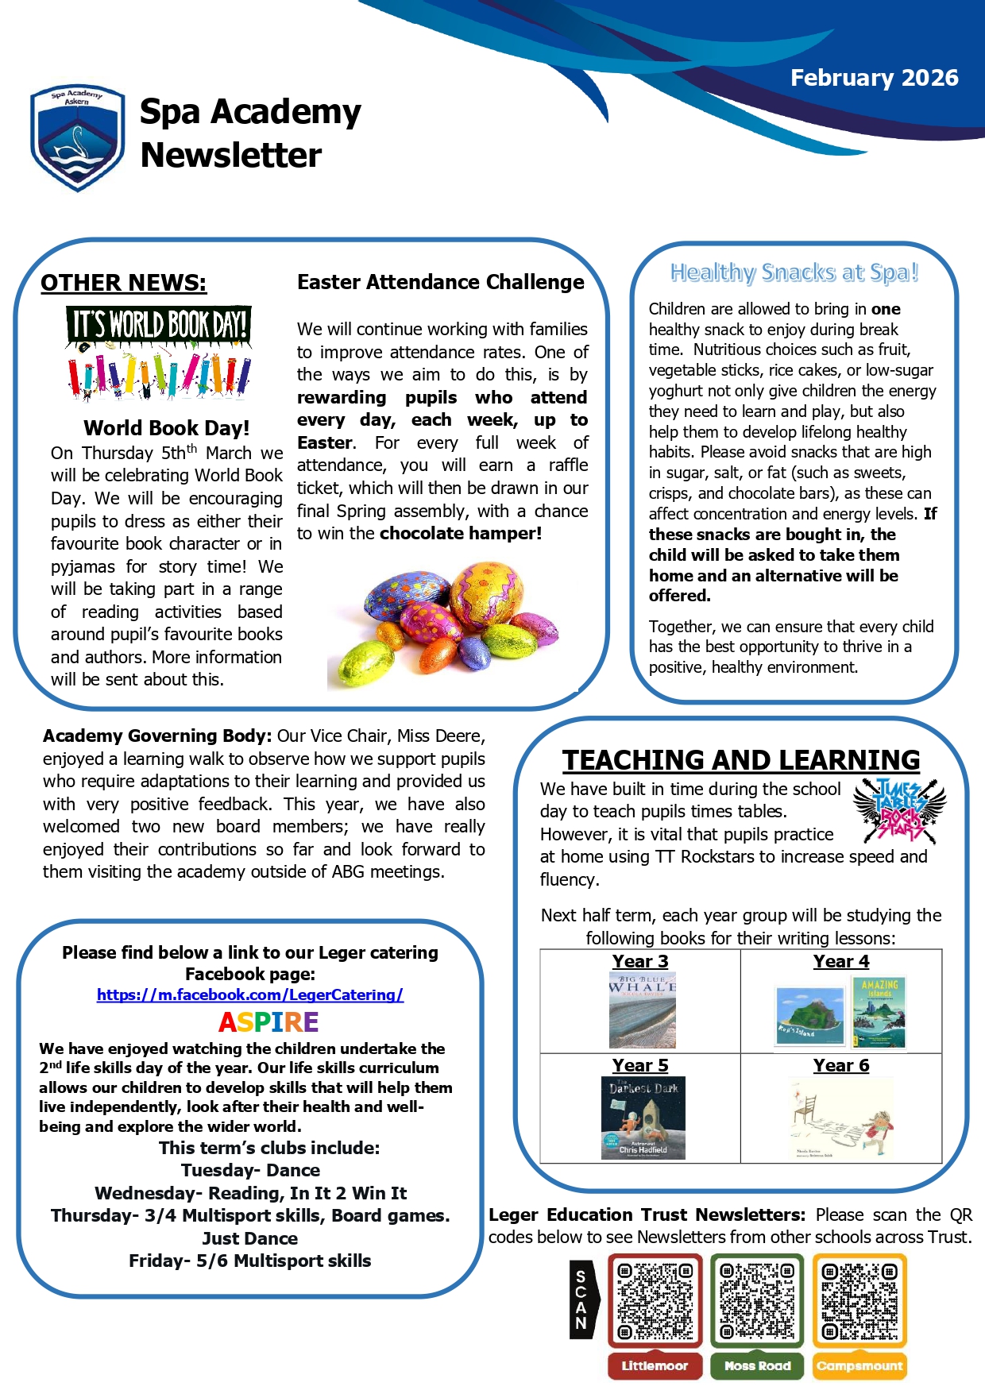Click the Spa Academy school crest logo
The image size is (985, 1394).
[77, 138]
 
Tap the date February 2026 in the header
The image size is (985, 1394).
[874, 78]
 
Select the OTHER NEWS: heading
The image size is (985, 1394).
[123, 283]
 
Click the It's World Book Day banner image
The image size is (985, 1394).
[159, 353]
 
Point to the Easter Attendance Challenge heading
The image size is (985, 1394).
[440, 282]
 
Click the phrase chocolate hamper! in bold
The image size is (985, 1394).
[461, 533]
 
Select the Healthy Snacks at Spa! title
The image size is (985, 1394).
[794, 272]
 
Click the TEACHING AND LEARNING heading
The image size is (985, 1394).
[740, 760]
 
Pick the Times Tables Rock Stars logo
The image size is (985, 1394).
[899, 810]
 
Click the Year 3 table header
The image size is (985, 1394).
[639, 961]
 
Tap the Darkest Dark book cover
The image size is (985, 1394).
[643, 1118]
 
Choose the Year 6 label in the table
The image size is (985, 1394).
[840, 1065]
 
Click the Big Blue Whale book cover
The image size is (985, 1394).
[642, 1010]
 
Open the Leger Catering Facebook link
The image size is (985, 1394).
[249, 994]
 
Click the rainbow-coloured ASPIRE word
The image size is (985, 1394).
[268, 1021]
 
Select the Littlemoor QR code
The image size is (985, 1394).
[655, 1301]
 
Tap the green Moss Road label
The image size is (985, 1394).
[757, 1365]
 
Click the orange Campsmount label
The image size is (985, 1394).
[859, 1365]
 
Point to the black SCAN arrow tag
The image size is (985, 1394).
[582, 1300]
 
